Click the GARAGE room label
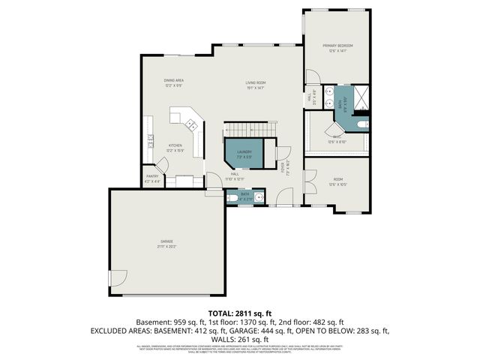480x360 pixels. point(166,241)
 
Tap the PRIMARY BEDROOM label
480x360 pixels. point(337,46)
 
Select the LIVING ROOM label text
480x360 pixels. point(255,82)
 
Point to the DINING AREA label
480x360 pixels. point(174,80)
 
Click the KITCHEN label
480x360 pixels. point(175,145)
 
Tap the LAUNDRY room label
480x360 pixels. point(244,152)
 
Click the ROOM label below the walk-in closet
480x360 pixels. point(337,179)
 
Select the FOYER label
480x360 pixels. point(283,169)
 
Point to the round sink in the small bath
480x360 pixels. point(257,198)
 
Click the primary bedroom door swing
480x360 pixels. point(313,75)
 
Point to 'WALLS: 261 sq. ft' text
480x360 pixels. point(239,338)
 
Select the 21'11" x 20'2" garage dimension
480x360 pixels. point(166,246)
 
